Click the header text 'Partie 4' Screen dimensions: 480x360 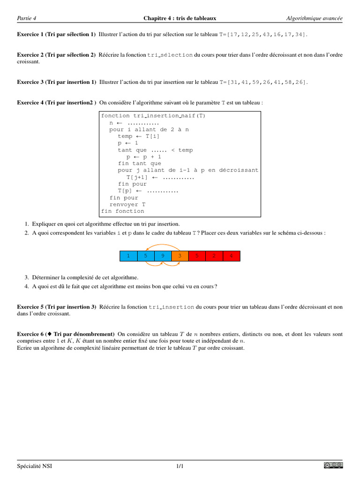tap(27, 18)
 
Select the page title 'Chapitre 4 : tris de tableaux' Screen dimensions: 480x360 tap(180, 18)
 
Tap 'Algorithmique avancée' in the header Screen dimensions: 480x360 tap(314, 18)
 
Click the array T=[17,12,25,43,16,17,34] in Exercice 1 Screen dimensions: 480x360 tap(264, 35)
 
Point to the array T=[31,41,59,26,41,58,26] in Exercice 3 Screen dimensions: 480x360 tap(264, 82)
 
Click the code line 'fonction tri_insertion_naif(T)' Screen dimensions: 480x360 tap(153, 116)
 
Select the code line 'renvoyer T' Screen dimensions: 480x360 tap(127, 204)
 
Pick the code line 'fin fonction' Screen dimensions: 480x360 tap(123, 211)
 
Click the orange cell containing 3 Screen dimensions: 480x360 tap(180, 256)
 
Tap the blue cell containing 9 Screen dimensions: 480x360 tap(163, 256)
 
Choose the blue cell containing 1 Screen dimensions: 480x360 tap(128, 256)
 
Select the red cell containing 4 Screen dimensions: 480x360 tap(231, 256)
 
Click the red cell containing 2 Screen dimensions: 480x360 tap(214, 256)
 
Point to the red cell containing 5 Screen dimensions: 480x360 tap(197, 256)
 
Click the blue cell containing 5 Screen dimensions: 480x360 tap(146, 256)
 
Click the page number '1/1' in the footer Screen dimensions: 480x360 tap(180, 466)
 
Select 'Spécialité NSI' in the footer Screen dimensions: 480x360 tap(35, 466)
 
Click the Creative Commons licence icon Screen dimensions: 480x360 tap(333, 465)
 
